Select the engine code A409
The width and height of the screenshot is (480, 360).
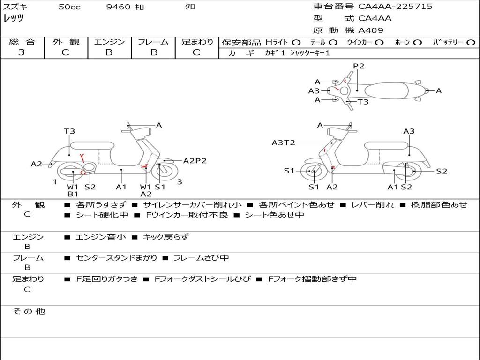[371, 30]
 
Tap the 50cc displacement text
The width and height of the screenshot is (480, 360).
[69, 7]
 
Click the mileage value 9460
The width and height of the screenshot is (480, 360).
[119, 7]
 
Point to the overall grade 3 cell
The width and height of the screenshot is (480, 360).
[22, 52]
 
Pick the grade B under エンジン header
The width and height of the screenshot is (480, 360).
[109, 52]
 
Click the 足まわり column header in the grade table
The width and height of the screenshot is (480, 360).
[197, 42]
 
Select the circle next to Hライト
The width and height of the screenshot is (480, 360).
[296, 43]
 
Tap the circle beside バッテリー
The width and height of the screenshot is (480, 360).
[471, 43]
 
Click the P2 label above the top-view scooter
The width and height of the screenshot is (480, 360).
[359, 66]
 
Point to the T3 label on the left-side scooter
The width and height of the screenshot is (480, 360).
[69, 131]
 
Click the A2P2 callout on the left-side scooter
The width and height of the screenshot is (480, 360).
[195, 161]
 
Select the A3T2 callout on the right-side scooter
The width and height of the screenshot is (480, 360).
[283, 142]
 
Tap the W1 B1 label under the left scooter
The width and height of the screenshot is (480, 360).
[73, 190]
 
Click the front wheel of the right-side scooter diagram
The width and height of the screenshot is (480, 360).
[314, 172]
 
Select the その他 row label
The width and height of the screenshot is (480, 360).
[29, 311]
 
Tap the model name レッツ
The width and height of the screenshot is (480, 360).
[14, 18]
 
